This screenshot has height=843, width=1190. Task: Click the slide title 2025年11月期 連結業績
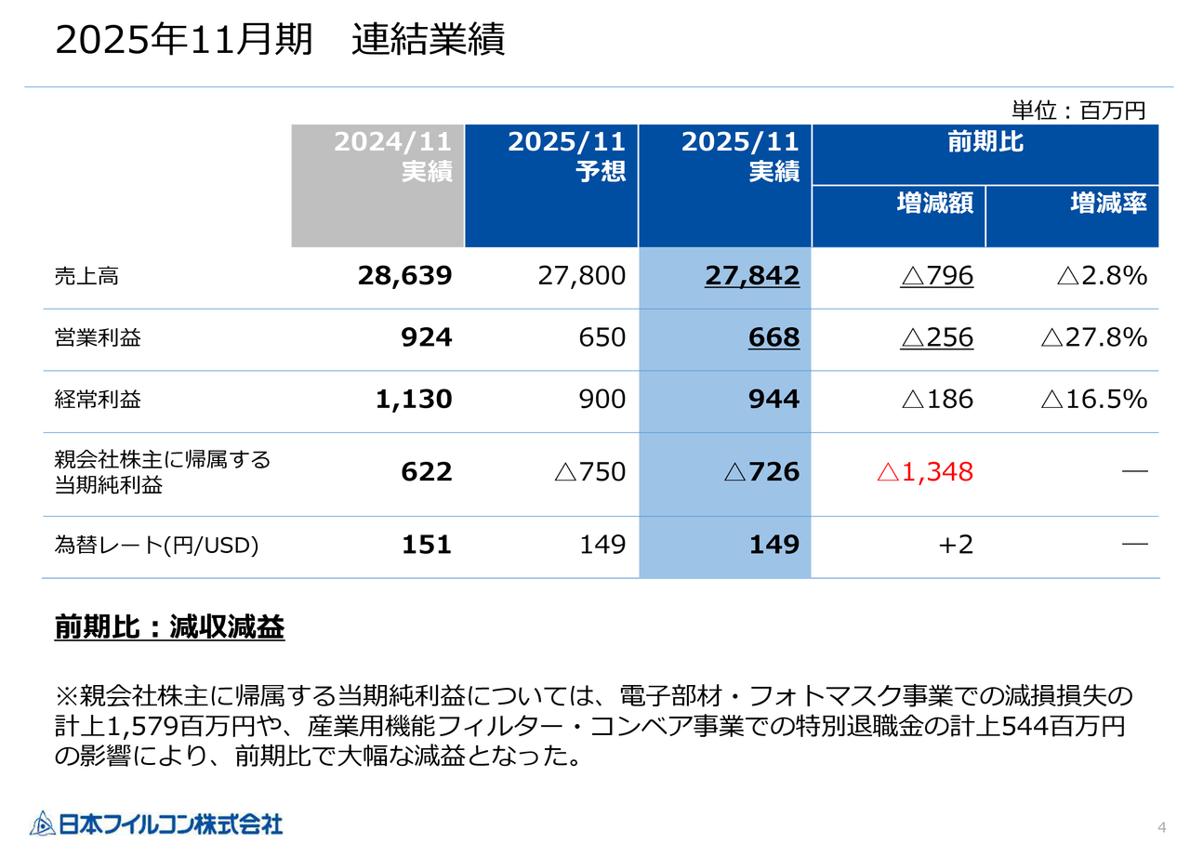(280, 41)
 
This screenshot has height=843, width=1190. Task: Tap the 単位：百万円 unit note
(1078, 111)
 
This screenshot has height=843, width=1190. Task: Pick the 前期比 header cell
(985, 143)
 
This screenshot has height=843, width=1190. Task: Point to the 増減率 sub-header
(1108, 203)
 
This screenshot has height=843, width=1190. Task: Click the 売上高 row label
(86, 276)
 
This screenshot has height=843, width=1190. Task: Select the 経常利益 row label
(99, 400)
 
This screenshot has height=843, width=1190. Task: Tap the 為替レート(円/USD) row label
(156, 545)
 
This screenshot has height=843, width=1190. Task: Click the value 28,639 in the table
(404, 276)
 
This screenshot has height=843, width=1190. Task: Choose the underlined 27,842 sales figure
(751, 276)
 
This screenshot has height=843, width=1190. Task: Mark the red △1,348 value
(924, 472)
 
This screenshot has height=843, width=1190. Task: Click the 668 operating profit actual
(773, 337)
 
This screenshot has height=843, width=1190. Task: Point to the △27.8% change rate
(1093, 337)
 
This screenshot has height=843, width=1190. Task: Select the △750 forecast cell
(589, 472)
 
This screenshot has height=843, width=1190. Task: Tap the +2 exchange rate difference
(956, 545)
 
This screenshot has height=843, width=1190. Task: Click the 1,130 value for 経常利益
(414, 400)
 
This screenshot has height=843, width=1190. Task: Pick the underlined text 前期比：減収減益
(169, 628)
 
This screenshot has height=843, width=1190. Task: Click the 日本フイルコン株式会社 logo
(155, 823)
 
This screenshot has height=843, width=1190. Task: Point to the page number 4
(1161, 827)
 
